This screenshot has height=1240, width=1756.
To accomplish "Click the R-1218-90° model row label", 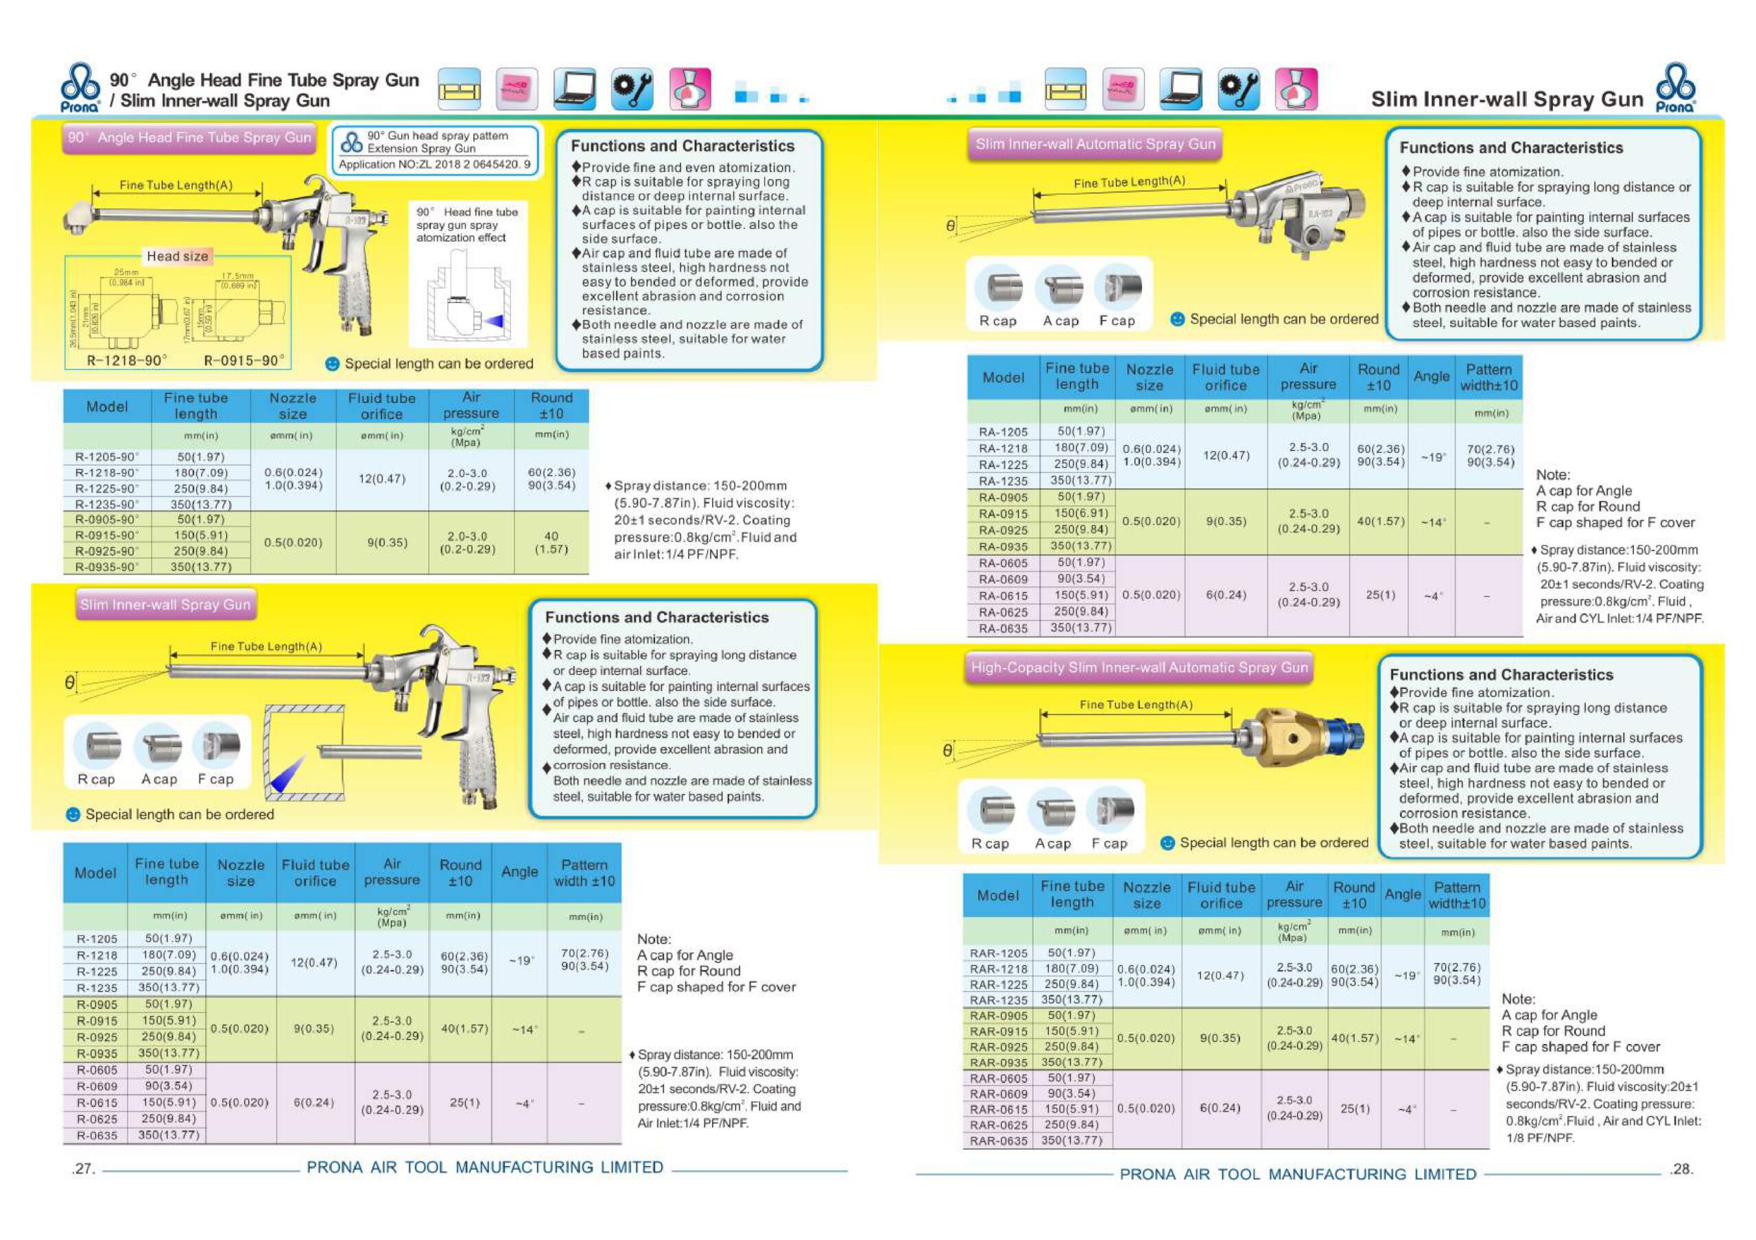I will [x=107, y=473].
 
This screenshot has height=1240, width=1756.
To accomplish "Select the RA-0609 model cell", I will [x=1003, y=579].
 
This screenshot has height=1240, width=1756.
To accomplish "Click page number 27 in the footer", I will [x=82, y=1169].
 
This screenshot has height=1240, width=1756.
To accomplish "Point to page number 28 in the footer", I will [x=1681, y=1169].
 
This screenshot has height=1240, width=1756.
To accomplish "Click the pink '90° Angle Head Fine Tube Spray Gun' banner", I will [x=189, y=138].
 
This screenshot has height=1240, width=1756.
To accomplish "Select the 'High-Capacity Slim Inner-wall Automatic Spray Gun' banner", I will [x=1139, y=668].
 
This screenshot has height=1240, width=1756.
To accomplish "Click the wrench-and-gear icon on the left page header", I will [x=632, y=88].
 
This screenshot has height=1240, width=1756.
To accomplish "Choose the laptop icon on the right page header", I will [x=1180, y=88].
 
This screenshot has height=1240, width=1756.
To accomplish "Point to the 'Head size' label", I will [x=177, y=257].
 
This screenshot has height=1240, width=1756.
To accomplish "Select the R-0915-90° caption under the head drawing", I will [x=244, y=360].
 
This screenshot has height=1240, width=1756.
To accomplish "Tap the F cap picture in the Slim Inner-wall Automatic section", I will [x=1117, y=288].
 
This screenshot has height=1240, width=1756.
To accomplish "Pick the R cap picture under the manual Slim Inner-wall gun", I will [x=97, y=745].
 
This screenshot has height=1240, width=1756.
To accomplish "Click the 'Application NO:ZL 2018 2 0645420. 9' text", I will [x=434, y=165].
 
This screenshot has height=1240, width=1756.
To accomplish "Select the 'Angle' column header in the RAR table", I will [x=1403, y=895].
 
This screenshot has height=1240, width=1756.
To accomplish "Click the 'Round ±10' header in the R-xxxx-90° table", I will [x=551, y=405].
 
